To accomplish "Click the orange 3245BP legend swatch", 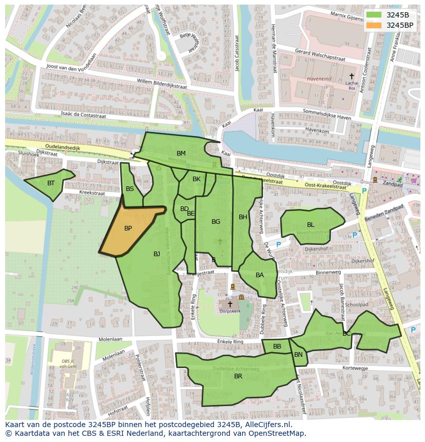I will [374, 25].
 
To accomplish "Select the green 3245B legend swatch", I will [374, 15].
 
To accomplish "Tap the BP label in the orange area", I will [128, 228].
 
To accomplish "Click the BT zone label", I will [51, 183].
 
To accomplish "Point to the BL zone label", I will [311, 225].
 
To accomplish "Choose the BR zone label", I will [238, 376].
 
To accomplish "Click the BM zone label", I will [181, 153].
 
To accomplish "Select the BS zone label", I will [130, 189].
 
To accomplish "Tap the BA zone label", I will [260, 275].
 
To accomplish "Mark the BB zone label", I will [277, 347].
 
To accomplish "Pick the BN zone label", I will [298, 355].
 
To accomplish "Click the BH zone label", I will [243, 217].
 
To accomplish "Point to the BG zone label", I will [216, 222].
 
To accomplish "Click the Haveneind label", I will [319, 79].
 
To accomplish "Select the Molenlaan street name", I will [110, 339].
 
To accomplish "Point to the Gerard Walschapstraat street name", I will [320, 55].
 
